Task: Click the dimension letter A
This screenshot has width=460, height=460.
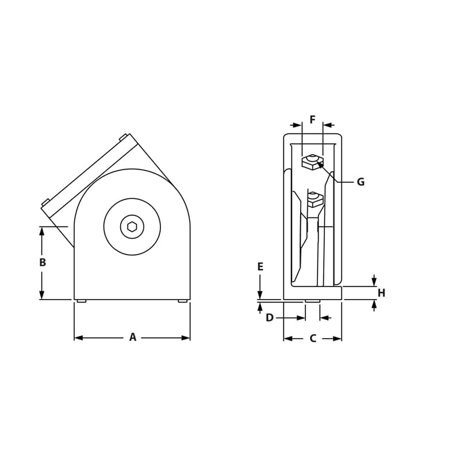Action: tap(133, 338)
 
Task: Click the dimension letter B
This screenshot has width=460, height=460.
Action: tap(42, 262)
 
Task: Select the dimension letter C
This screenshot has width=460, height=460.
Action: tap(313, 339)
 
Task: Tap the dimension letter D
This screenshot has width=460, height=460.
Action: tap(270, 317)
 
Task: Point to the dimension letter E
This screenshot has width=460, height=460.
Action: tap(260, 267)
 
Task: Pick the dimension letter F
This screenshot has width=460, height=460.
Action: tap(312, 120)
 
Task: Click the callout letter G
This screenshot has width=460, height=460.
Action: tap(361, 182)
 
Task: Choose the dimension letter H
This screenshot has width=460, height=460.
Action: tap(381, 293)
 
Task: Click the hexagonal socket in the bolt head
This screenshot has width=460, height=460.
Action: tap(132, 227)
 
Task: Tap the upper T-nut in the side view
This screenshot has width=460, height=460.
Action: tap(312, 162)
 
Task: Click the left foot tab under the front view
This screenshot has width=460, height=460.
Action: tap(81, 301)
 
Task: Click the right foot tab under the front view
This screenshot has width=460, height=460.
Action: tap(183, 301)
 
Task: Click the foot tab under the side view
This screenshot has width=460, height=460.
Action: tap(312, 301)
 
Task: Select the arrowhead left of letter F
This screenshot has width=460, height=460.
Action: tap(297, 125)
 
